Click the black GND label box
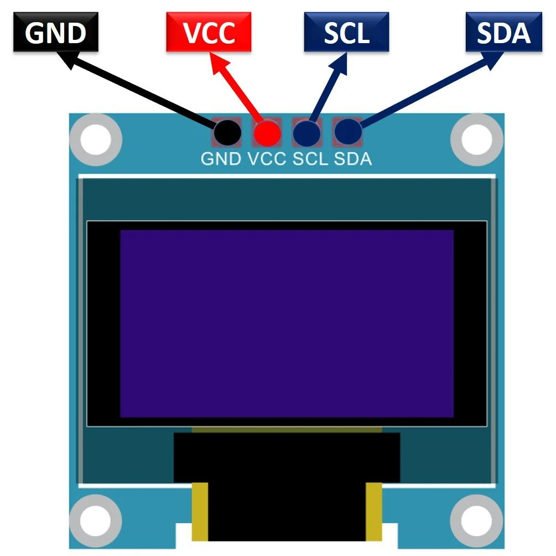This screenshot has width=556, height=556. click(x=56, y=33)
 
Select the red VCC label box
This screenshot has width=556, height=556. click(x=209, y=33)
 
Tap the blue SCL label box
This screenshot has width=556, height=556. click(x=346, y=33)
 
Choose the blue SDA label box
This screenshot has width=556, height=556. click(x=503, y=33)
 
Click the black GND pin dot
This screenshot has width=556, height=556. click(x=227, y=132)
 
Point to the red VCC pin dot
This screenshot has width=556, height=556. click(x=267, y=132)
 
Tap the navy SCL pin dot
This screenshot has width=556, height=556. click(x=306, y=132)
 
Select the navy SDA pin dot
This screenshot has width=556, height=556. click(x=347, y=132)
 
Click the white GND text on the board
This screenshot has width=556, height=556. click(x=221, y=159)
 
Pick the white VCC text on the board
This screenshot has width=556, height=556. click(x=267, y=159)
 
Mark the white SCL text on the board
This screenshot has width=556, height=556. click(x=311, y=159)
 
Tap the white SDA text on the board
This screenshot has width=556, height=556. click(x=353, y=159)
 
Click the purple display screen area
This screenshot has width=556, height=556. click(x=287, y=323)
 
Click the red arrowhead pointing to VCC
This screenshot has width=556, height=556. click(x=219, y=65)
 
